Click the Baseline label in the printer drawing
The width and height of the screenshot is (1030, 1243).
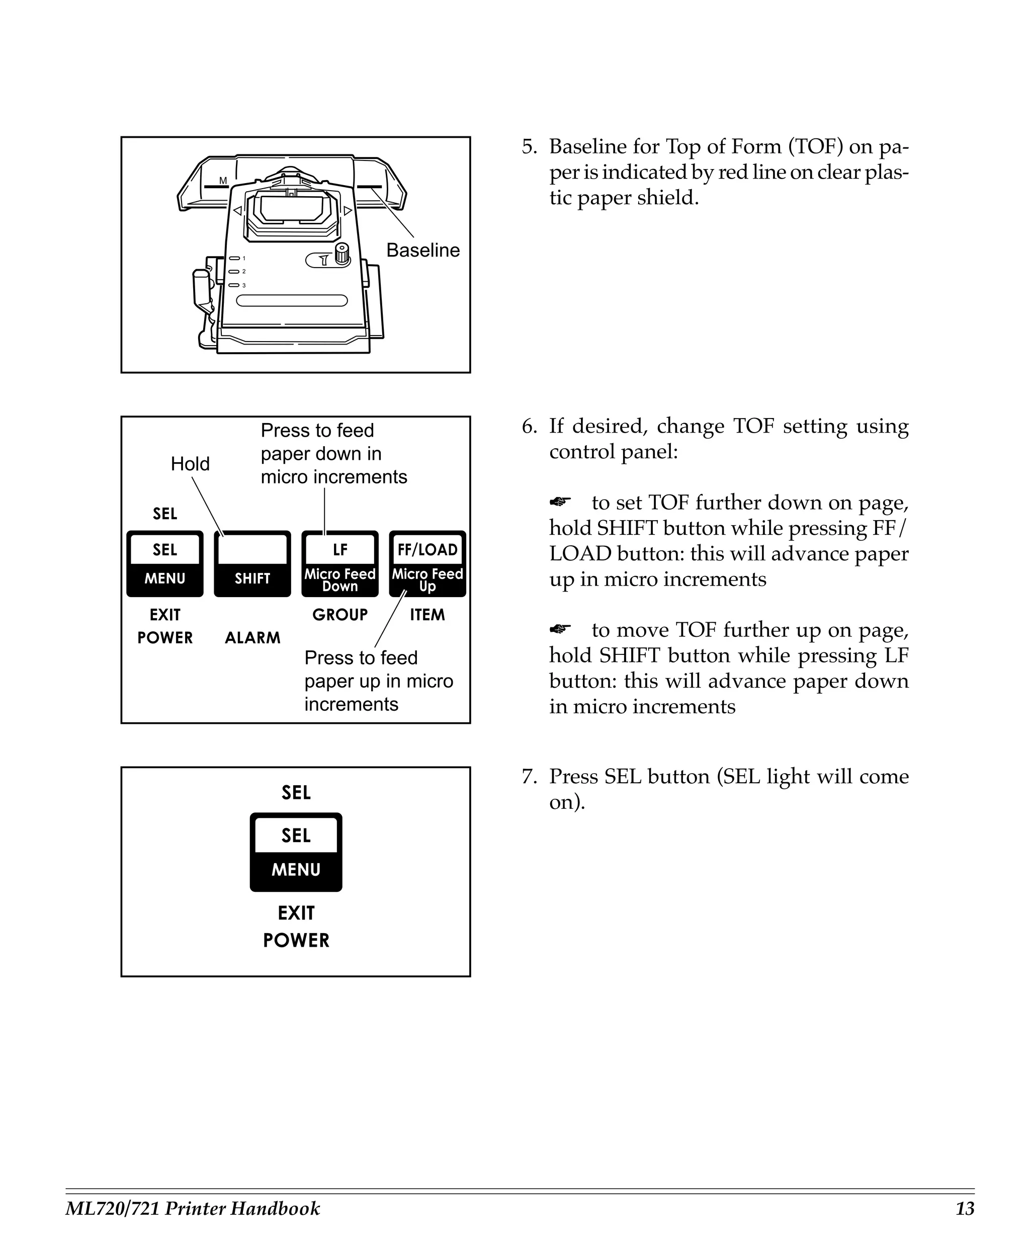tap(422, 251)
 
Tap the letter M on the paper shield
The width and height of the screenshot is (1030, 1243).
tap(223, 181)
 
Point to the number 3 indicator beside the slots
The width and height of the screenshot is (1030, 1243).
tap(244, 285)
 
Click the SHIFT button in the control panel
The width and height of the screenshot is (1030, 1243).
tap(252, 563)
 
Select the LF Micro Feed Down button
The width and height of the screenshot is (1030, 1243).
tap(339, 563)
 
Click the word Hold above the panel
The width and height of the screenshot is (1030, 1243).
tap(190, 463)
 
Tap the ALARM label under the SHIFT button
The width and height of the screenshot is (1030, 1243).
tap(252, 637)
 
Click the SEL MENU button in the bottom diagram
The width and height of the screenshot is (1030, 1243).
tap(296, 852)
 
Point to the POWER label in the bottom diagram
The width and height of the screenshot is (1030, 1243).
tap(296, 940)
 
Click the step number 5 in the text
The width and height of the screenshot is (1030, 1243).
tap(528, 147)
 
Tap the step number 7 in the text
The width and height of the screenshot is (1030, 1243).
tap(528, 777)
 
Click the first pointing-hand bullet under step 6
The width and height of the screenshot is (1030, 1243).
tap(560, 502)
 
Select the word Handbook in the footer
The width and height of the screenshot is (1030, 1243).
tap(275, 1208)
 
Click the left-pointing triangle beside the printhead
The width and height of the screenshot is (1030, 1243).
tap(237, 211)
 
